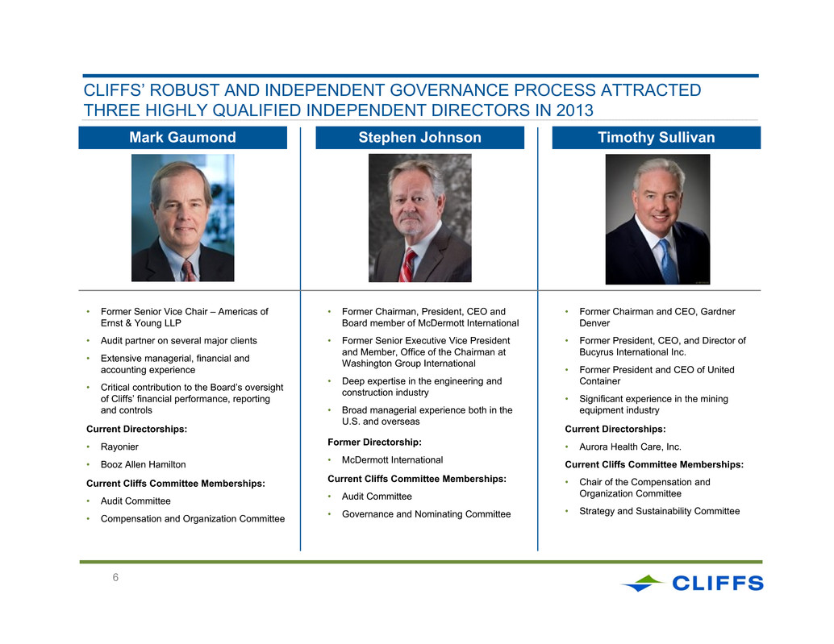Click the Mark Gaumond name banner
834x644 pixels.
[182, 138]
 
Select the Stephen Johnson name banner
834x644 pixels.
[419, 138]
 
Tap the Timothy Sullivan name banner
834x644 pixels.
[657, 138]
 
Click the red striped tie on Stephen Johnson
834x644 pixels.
[408, 264]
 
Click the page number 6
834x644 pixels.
[115, 578]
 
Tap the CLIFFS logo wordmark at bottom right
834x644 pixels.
[718, 584]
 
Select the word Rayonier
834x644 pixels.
[119, 447]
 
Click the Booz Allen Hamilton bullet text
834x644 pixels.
[143, 464]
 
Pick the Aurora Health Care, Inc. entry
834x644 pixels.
[630, 447]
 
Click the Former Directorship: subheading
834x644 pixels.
[374, 442]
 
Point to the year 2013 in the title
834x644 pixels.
[574, 110]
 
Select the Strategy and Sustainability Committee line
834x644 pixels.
[660, 511]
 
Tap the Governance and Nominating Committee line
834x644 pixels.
[426, 514]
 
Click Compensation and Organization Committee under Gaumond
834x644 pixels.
[193, 518]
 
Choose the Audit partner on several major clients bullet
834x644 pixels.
[179, 341]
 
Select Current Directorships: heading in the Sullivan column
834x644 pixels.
[615, 430]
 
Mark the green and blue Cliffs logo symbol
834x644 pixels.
[643, 583]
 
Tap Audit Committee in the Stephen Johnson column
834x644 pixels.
[377, 497]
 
